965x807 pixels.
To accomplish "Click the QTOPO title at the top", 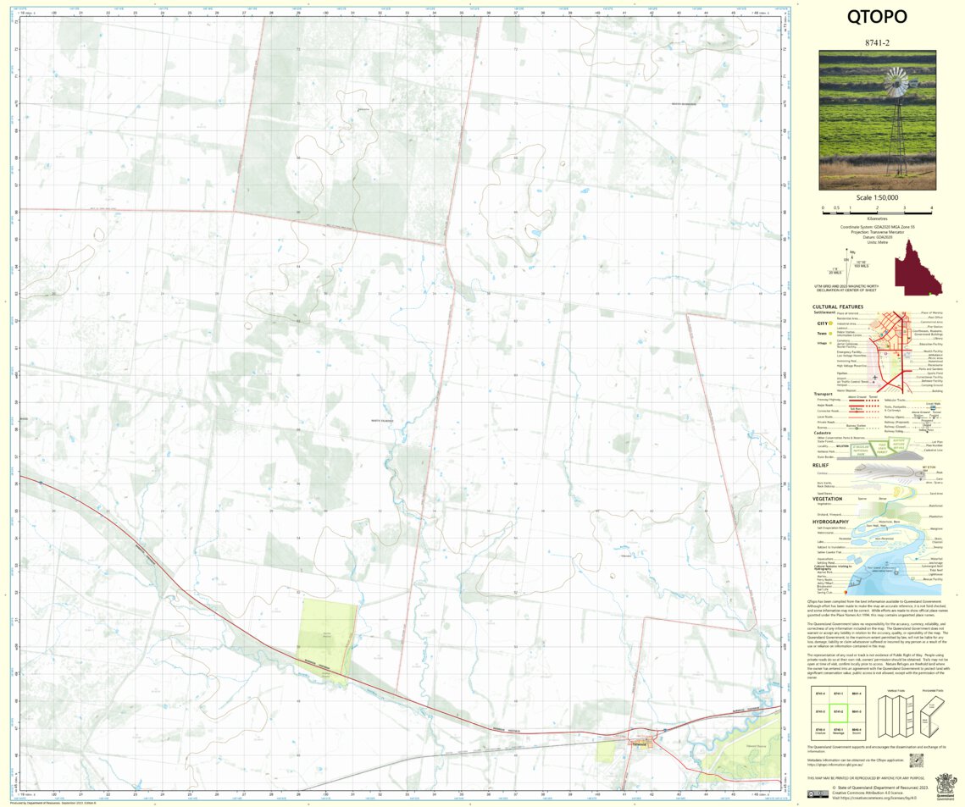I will coord(877,17).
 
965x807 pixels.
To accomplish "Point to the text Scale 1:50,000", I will coord(877,197).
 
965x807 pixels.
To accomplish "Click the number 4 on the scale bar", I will coord(931,208).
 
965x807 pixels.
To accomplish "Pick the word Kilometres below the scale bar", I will coord(877,218).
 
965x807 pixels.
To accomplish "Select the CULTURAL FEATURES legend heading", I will coord(837,307).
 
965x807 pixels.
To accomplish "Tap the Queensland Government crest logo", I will coord(944,782).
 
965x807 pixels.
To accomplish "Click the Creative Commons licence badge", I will coord(818,793).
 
